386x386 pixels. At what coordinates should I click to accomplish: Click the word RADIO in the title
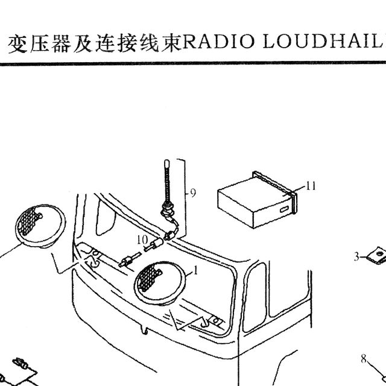tap(218, 42)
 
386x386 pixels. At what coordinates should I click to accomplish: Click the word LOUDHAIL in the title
tap(322, 42)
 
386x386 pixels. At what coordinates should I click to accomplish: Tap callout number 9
tap(193, 193)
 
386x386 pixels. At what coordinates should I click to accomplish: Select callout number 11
tap(311, 186)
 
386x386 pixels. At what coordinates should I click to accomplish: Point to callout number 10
tap(142, 239)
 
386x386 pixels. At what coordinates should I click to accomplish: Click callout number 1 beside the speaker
tap(195, 271)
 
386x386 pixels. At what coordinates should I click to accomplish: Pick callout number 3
tap(356, 257)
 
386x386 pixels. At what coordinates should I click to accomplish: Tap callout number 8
tap(364, 359)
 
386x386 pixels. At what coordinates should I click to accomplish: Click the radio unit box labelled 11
tap(258, 200)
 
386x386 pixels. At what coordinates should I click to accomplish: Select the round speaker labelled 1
tap(159, 283)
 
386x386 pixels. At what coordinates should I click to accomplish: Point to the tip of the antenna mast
tap(167, 161)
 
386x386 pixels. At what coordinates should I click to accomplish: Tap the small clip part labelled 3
tap(376, 255)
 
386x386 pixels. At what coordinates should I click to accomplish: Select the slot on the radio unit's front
tap(284, 210)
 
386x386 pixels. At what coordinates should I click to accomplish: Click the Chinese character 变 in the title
tap(18, 44)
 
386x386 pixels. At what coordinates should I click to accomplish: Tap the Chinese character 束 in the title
tap(171, 43)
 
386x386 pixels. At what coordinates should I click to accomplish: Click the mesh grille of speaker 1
tap(148, 277)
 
